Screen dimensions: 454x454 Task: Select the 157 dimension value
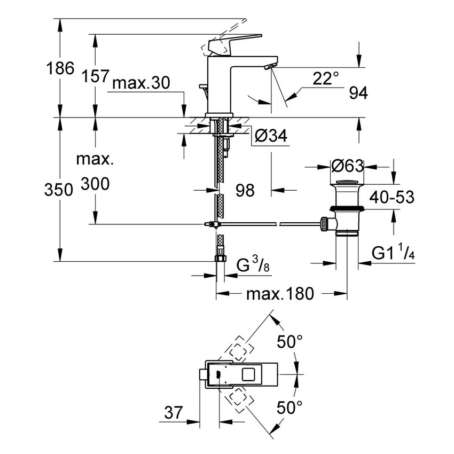pyautogui.click(x=97, y=77)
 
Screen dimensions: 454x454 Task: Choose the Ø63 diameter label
pyautogui.click(x=347, y=167)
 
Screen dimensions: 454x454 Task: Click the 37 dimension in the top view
pyautogui.click(x=174, y=413)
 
